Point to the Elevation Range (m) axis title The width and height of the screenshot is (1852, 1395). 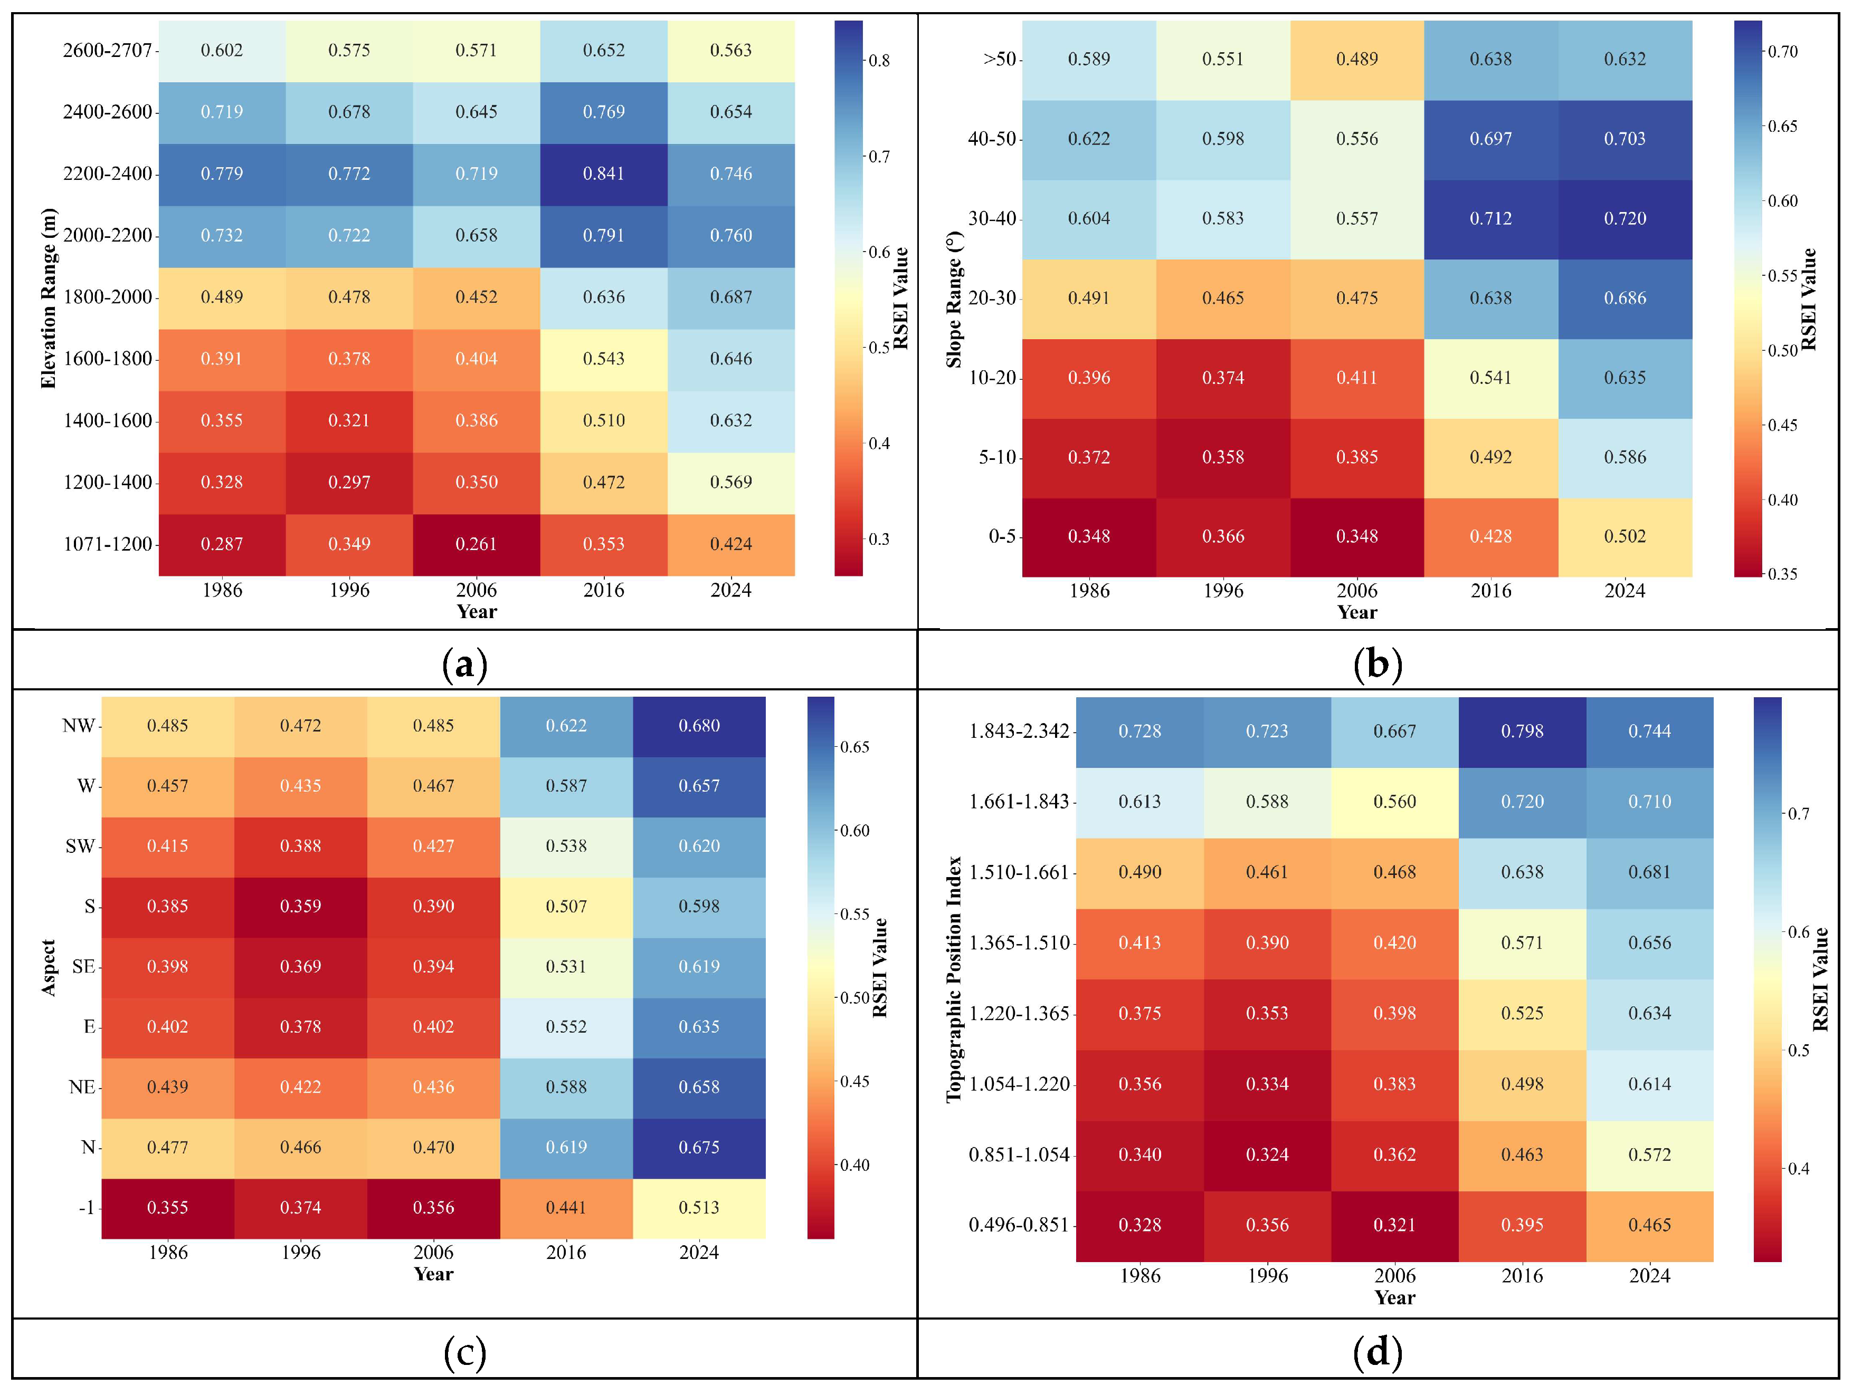pyautogui.click(x=49, y=298)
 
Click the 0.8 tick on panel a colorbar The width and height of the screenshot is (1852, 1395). pyautogui.click(x=878, y=60)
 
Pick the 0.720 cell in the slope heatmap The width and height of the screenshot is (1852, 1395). pyautogui.click(x=1625, y=218)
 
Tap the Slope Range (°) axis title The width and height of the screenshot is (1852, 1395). pyautogui.click(x=954, y=300)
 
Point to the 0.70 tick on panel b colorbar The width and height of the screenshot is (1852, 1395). pyautogui.click(x=1782, y=52)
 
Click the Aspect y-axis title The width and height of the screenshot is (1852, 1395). pyautogui.click(x=49, y=967)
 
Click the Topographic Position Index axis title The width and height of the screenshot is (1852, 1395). pyautogui.click(x=954, y=979)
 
